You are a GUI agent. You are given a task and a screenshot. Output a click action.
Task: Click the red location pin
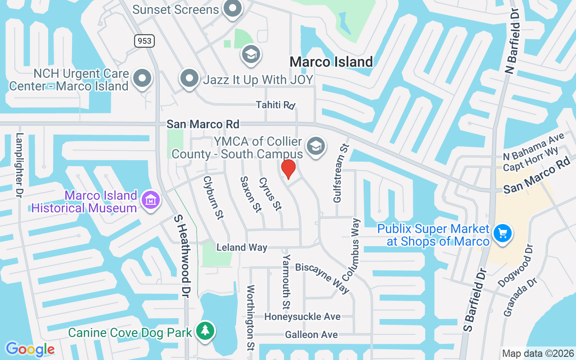point(288,169)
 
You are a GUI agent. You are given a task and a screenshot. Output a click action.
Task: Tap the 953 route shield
point(144,41)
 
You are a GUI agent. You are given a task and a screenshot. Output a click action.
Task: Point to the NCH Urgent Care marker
point(143,78)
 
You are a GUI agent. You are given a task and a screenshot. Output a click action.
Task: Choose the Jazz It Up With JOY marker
point(189,78)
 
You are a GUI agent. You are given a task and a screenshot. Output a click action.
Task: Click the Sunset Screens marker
point(233,8)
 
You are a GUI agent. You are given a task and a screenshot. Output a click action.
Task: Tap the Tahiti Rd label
point(275,105)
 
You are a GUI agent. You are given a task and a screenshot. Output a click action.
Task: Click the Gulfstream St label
point(341,173)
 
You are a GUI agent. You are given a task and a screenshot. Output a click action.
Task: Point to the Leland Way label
point(242,247)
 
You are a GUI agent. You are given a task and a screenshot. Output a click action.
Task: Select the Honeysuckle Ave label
point(302,317)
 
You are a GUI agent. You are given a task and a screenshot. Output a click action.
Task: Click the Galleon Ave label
point(311,335)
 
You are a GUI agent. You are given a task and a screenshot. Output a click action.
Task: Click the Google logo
point(30,349)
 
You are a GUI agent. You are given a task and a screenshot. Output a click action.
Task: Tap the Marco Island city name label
point(331,62)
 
